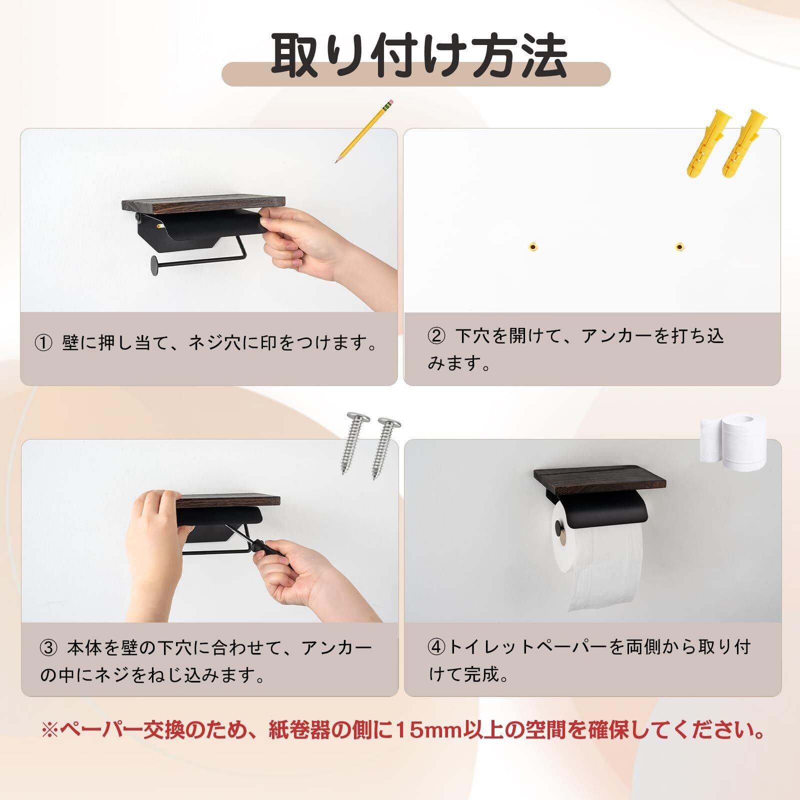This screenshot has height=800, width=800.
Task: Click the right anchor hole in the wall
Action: (678, 246)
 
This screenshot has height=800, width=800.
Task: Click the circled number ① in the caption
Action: (43, 343)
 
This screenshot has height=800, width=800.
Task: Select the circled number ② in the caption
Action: (436, 336)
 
